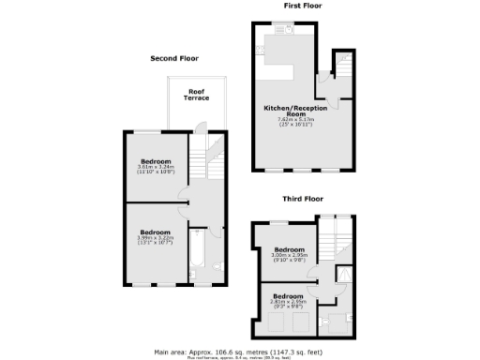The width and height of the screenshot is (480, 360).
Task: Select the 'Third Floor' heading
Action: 303,200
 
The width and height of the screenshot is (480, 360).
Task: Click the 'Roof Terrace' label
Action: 196,96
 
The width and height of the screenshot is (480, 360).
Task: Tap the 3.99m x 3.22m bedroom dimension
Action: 155,239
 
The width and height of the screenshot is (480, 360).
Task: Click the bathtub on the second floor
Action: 196,254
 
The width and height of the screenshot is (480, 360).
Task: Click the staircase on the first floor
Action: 341,68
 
